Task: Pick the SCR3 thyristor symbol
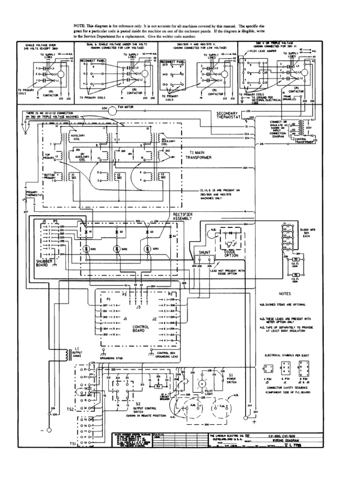pos(148,249)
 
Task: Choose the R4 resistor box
pos(159,386)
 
